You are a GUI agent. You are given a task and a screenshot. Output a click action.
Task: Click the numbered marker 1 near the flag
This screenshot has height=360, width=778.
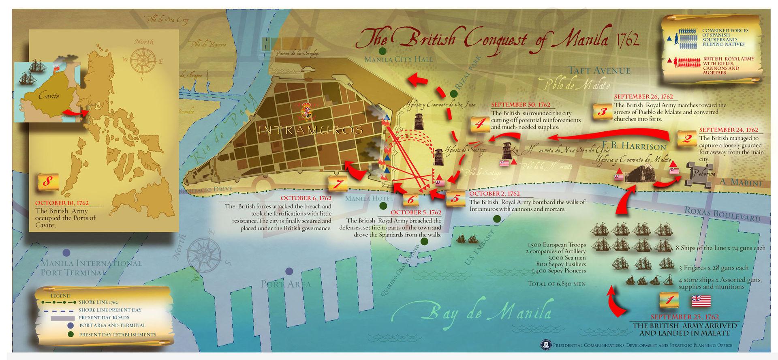tap(669, 301)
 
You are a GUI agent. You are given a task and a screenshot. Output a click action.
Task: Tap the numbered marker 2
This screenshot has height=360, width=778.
tap(687, 139)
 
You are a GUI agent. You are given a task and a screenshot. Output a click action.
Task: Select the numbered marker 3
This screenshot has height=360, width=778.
tap(602, 111)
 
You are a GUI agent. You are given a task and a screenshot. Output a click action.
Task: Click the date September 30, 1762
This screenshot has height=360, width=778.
tap(521, 105)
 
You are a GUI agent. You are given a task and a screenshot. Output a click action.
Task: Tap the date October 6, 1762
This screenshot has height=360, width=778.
tap(306, 198)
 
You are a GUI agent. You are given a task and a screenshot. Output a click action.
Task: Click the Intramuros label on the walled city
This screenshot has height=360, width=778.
tap(310, 131)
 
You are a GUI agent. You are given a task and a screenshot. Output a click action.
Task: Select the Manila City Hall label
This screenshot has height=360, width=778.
tap(399, 59)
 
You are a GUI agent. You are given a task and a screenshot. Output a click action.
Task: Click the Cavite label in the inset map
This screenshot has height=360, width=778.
tap(49, 96)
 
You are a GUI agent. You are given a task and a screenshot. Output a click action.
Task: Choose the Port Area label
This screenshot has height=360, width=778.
tap(286, 284)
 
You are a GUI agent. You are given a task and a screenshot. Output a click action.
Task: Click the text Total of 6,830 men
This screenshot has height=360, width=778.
tap(556, 284)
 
